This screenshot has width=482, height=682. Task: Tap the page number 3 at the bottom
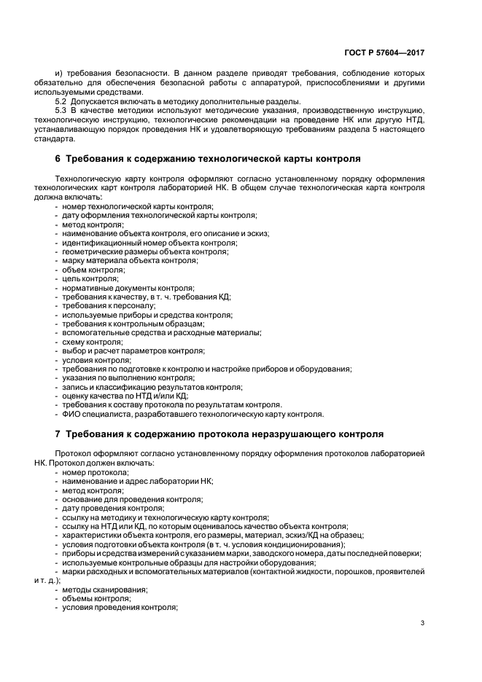[x=423, y=622]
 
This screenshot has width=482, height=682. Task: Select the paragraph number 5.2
[x=62, y=101]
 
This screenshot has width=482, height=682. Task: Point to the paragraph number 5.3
[x=62, y=110]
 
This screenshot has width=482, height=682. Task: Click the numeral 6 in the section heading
[x=58, y=158]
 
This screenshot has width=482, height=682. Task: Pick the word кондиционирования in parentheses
[x=306, y=544]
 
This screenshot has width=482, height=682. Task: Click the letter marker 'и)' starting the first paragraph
[x=59, y=74]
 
